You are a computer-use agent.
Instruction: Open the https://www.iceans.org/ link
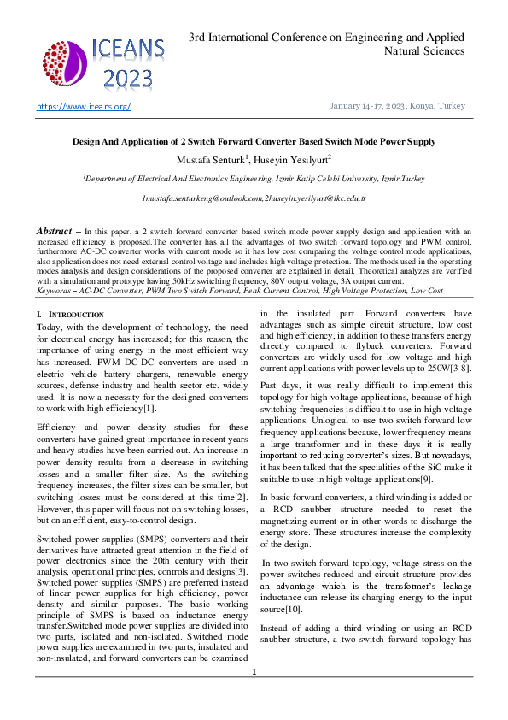tap(83, 106)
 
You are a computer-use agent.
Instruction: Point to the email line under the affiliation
tap(254, 198)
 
